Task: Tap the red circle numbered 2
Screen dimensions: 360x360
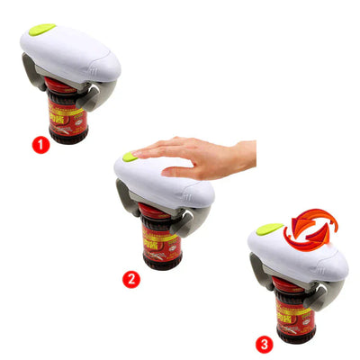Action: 131,278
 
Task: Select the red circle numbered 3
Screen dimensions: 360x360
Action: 263,343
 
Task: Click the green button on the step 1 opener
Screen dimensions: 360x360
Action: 40,29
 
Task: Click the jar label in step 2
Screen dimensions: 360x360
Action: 160,240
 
